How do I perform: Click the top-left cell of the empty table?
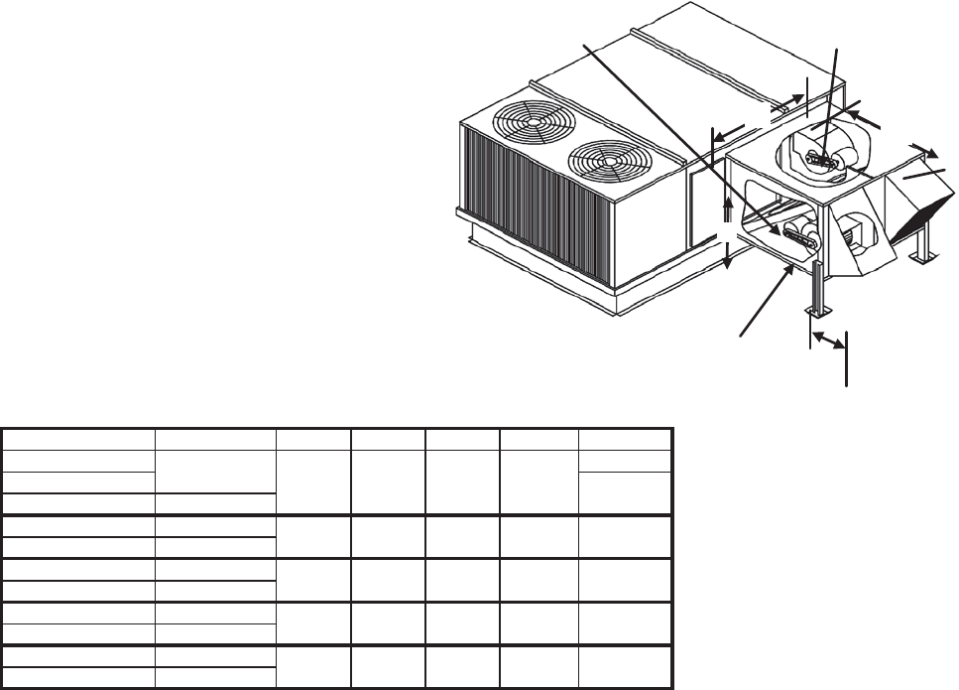pos(78,439)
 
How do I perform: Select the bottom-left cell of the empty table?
pos(78,677)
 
